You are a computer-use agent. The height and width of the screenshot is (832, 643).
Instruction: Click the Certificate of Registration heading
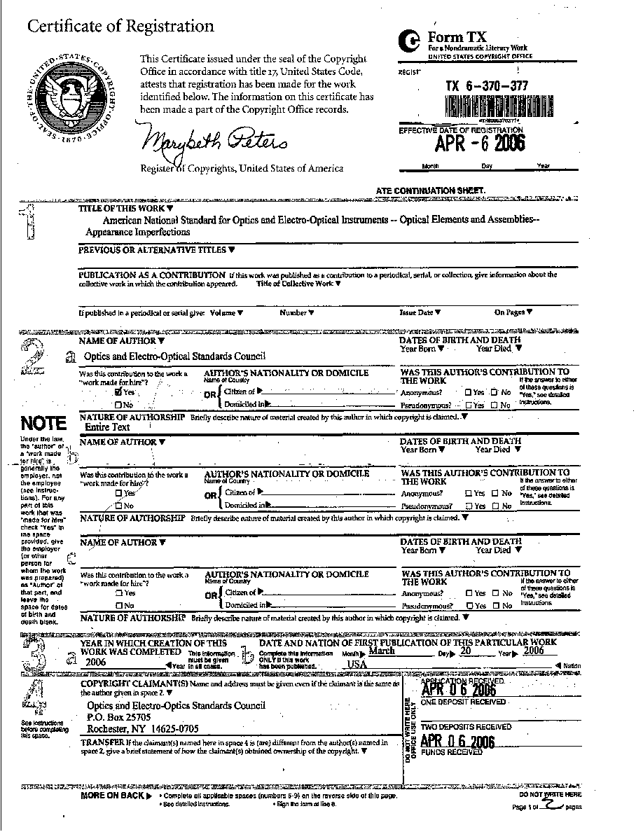click(x=120, y=27)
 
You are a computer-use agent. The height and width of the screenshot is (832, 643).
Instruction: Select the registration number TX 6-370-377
click(x=487, y=85)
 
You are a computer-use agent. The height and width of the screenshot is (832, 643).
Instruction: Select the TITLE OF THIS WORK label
click(x=121, y=209)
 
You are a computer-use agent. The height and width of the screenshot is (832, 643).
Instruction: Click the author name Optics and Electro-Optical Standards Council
click(x=174, y=356)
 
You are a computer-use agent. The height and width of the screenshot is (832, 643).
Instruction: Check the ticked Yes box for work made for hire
click(x=118, y=392)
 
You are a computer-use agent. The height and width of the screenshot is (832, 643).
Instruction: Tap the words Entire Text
click(x=107, y=427)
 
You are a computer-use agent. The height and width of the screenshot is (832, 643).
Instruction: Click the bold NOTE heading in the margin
click(x=43, y=424)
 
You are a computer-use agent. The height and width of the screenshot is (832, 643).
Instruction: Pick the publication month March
click(x=381, y=651)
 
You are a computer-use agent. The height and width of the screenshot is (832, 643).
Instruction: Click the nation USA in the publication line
click(x=357, y=664)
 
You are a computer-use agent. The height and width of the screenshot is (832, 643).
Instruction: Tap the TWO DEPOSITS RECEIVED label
click(x=466, y=727)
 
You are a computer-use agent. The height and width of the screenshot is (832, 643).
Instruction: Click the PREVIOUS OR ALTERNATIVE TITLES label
click(x=153, y=250)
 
